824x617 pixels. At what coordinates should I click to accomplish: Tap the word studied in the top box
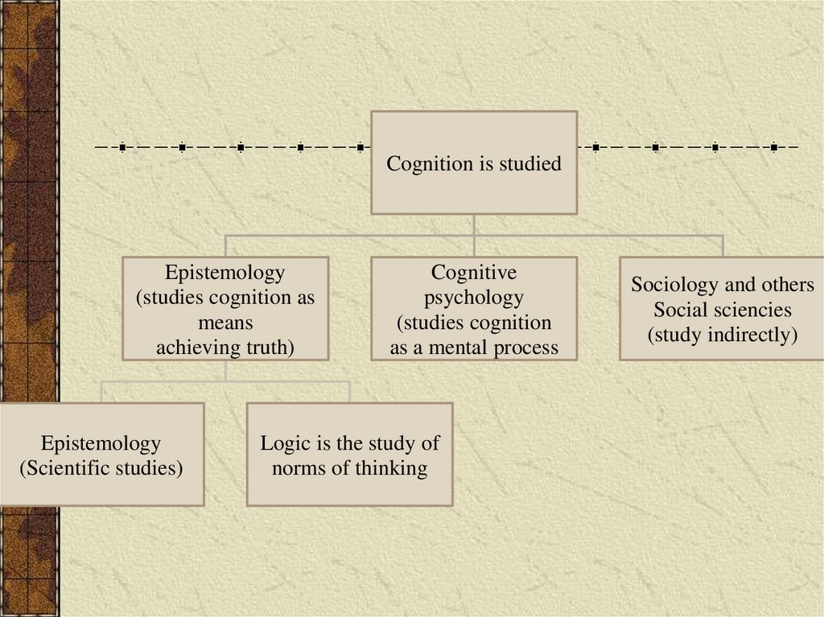[x=529, y=164]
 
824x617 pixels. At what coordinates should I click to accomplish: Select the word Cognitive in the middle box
[x=473, y=272]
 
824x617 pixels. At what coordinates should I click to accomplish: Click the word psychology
[x=473, y=298]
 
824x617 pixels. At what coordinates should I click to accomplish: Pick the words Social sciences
[x=722, y=310]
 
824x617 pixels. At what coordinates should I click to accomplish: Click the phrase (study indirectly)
[x=722, y=335]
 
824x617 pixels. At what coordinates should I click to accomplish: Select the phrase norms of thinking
[x=349, y=468]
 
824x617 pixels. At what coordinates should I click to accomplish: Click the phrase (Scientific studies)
[x=101, y=468]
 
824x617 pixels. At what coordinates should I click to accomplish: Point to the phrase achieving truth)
[x=225, y=348]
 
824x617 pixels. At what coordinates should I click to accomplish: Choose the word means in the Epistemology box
[x=225, y=323]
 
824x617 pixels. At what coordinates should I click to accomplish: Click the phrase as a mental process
[x=473, y=348]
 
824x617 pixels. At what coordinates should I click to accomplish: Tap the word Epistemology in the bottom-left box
[x=101, y=443]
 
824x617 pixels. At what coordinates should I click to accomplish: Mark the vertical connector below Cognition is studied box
[x=474, y=224]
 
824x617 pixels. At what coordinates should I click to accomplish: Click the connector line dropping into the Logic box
[x=349, y=392]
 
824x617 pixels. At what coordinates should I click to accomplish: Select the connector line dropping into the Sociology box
[x=723, y=245]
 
